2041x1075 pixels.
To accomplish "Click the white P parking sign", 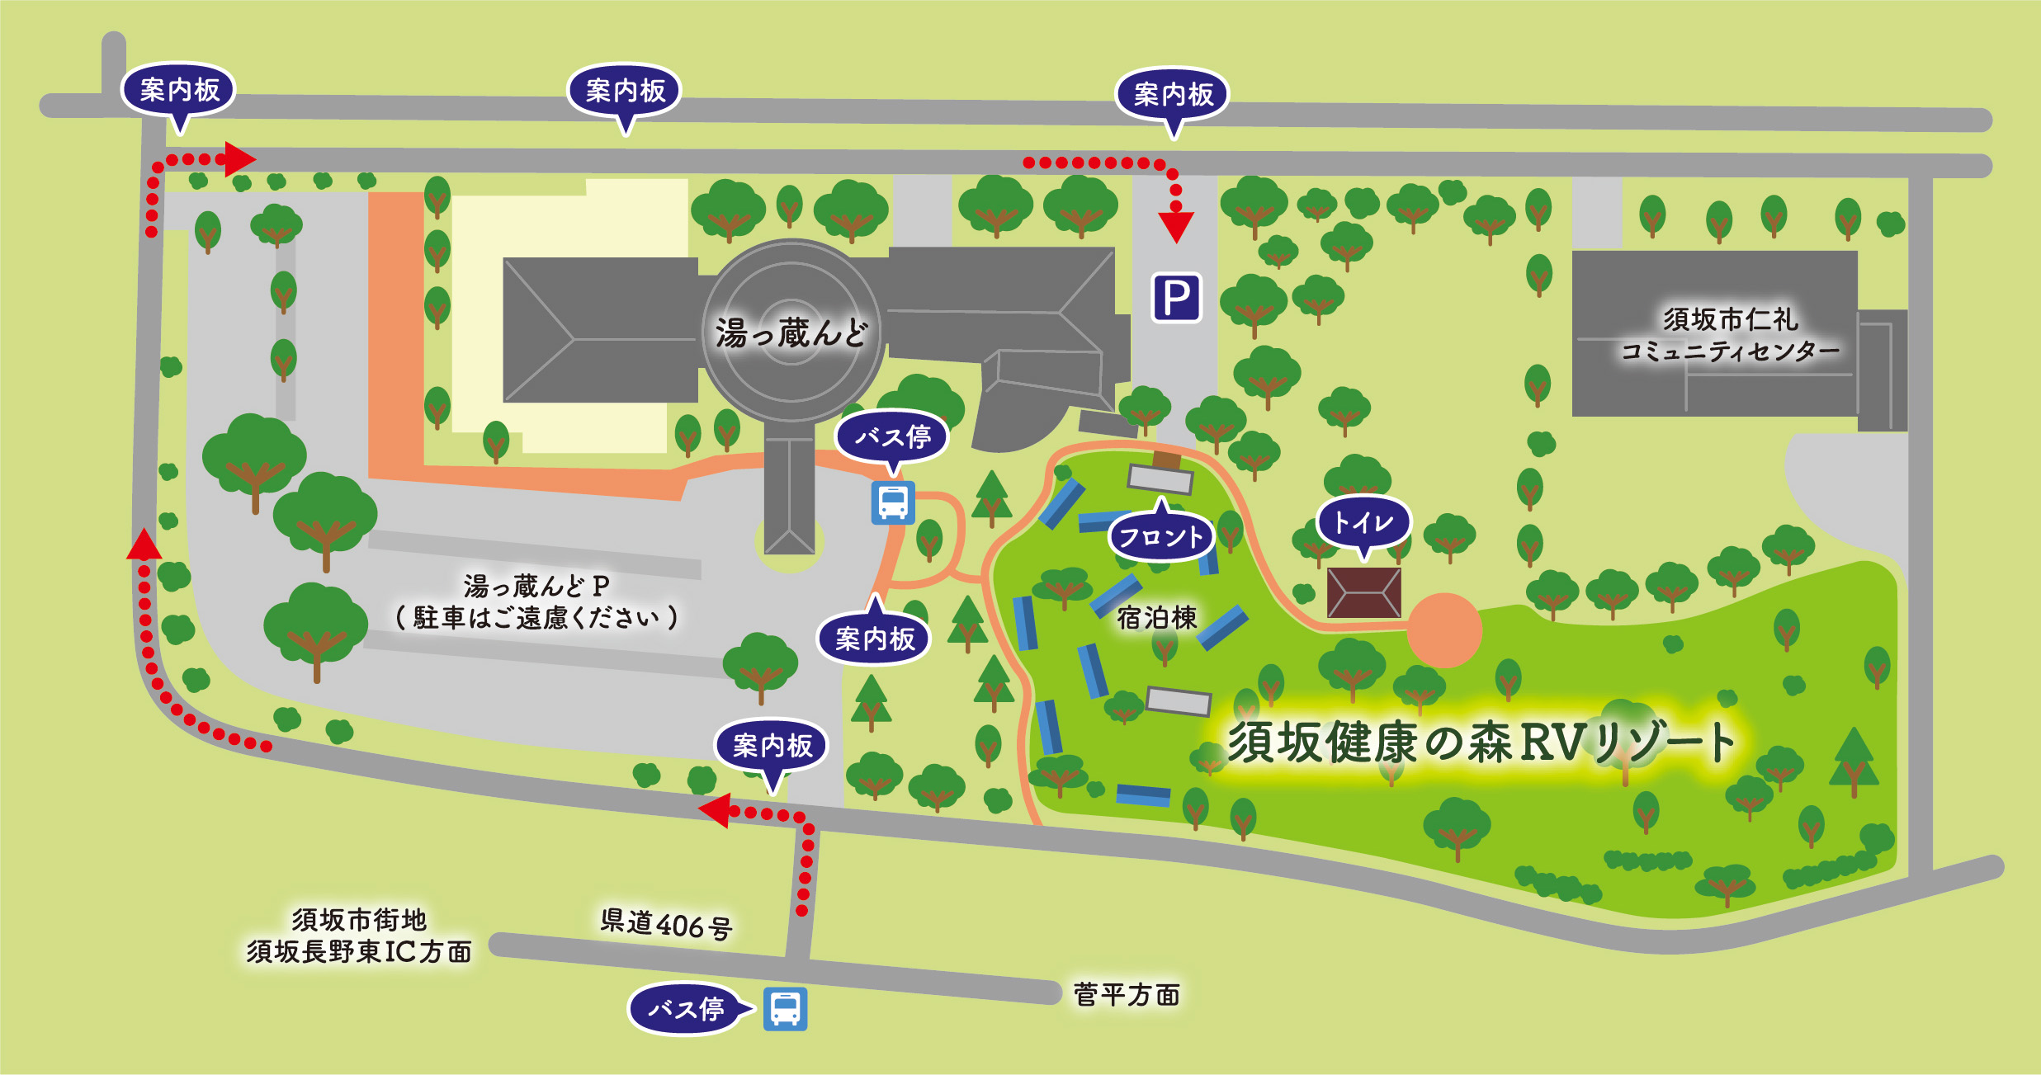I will point(1176,298).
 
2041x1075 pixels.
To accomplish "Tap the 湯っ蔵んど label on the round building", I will point(791,332).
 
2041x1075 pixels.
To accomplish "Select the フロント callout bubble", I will point(1160,537).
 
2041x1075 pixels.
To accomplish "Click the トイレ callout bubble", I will point(1363,522).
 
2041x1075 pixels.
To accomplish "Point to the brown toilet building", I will point(1363,592).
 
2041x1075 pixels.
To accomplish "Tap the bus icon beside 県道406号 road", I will point(785,1008).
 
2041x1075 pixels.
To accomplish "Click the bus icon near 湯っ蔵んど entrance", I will point(893,502).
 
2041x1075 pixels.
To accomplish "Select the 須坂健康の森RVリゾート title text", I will point(1481,742).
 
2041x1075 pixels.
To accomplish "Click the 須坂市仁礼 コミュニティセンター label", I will point(1730,335).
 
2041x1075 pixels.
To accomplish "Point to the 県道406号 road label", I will point(666,924).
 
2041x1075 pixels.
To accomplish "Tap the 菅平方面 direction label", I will point(1126,994).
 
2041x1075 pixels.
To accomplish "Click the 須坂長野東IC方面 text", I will point(359,951).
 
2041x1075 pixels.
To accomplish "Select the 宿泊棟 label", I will point(1156,617).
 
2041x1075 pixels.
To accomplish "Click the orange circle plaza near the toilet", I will point(1443,630).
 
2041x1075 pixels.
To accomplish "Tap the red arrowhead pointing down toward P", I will point(1176,227).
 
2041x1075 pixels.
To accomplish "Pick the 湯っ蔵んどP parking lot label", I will point(536,587).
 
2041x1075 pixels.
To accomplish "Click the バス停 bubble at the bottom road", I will point(686,1008).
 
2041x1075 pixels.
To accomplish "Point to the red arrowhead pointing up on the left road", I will point(144,545).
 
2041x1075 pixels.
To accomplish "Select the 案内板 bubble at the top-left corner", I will point(179,90).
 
